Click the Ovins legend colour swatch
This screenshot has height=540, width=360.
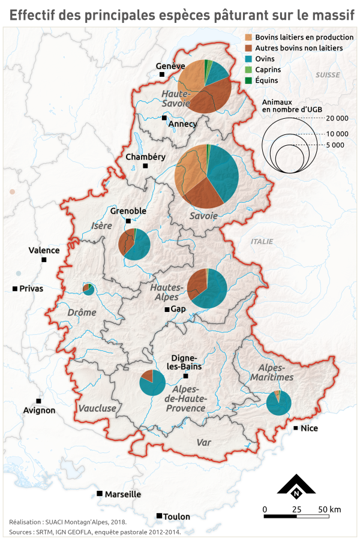pyautogui.click(x=250, y=58)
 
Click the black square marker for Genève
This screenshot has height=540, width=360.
pyautogui.click(x=161, y=74)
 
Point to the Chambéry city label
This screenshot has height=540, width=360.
pyautogui.click(x=145, y=157)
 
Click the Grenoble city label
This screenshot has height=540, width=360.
pyautogui.click(x=128, y=211)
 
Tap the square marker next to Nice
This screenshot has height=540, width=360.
pyautogui.click(x=296, y=428)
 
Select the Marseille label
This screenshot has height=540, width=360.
pyautogui.click(x=122, y=494)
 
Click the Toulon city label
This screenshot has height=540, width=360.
pyautogui.click(x=177, y=517)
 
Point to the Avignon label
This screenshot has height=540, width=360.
pyautogui.click(x=39, y=410)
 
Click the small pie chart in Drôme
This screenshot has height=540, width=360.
pyautogui.click(x=89, y=289)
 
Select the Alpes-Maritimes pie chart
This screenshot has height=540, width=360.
pyautogui.click(x=278, y=403)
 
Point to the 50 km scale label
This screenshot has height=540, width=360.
pyautogui.click(x=329, y=509)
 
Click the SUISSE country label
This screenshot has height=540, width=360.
pyautogui.click(x=328, y=75)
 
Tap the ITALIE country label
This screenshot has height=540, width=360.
pyautogui.click(x=262, y=241)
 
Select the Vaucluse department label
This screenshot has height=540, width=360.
pyautogui.click(x=97, y=408)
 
